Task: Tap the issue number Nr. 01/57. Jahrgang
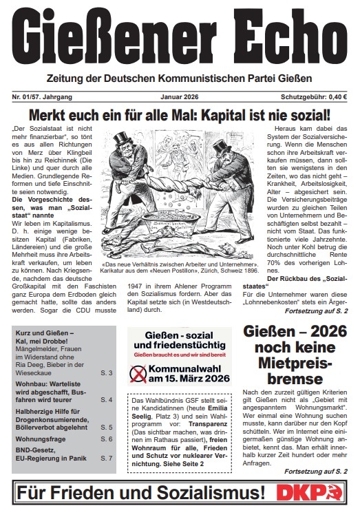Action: pyautogui.click(x=43, y=98)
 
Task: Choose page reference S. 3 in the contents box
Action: pyautogui.click(x=107, y=372)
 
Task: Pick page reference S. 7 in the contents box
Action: pyautogui.click(x=107, y=458)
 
